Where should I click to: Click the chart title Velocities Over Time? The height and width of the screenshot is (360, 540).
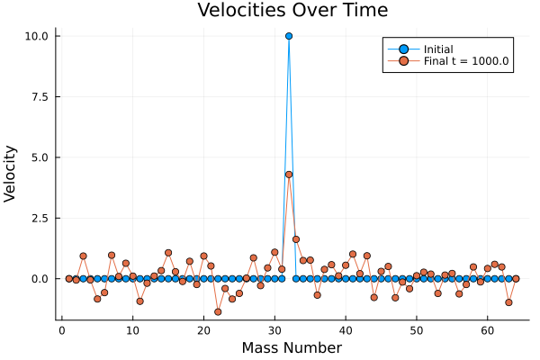[292, 12]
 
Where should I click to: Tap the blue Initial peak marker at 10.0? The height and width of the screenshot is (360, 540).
[289, 36]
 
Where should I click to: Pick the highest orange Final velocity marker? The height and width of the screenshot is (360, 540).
[289, 175]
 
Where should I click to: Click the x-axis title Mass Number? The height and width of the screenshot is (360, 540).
[292, 347]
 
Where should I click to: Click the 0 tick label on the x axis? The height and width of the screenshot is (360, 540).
[61, 330]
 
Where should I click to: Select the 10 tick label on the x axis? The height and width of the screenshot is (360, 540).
[132, 330]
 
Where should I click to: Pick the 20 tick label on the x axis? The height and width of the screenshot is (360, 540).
[203, 330]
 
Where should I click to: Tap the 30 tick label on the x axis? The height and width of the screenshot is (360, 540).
[274, 330]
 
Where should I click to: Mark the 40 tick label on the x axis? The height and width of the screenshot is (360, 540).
[346, 330]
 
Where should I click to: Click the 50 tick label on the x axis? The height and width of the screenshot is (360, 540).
[417, 330]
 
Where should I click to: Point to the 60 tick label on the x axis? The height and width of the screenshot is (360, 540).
[487, 330]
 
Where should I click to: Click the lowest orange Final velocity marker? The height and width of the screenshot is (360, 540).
[218, 311]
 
